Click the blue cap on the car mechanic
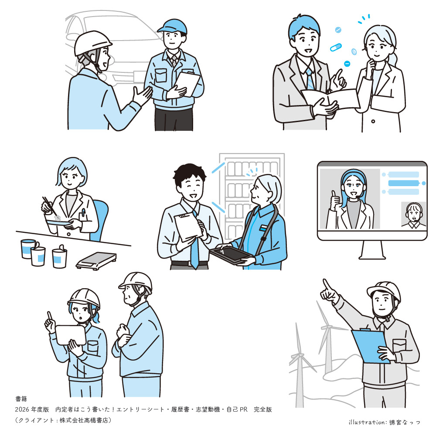click(x=172, y=27)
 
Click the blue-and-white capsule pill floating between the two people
click(x=336, y=47)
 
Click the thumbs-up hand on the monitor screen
click(x=335, y=200)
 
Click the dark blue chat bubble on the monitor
click(x=403, y=183)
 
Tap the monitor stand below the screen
click(x=372, y=250)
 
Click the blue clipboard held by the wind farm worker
click(x=370, y=346)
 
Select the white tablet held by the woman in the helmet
click(x=71, y=335)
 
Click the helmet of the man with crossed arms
click(x=136, y=281)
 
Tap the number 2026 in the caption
click(x=22, y=409)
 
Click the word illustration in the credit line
click(x=367, y=422)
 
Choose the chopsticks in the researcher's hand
click(x=50, y=206)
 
